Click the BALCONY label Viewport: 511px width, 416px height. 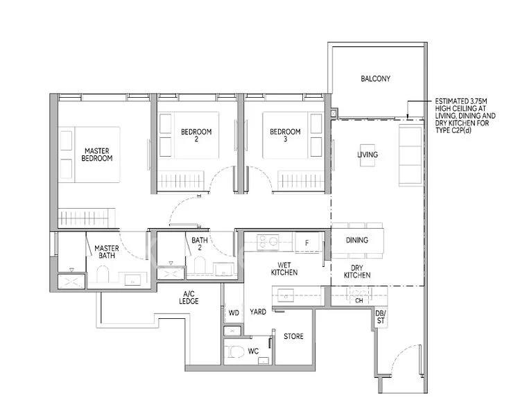coord(375,79)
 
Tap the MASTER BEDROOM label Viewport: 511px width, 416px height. coord(97,154)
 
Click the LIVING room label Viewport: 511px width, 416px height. coord(367,155)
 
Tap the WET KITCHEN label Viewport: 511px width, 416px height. coord(284,268)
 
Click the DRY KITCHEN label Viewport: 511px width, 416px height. coord(356,271)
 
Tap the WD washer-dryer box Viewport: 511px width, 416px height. coord(233,313)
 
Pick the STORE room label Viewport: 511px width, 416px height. coord(293,336)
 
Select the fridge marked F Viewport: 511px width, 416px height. coord(306,242)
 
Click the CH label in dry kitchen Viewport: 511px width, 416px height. coord(359,300)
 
